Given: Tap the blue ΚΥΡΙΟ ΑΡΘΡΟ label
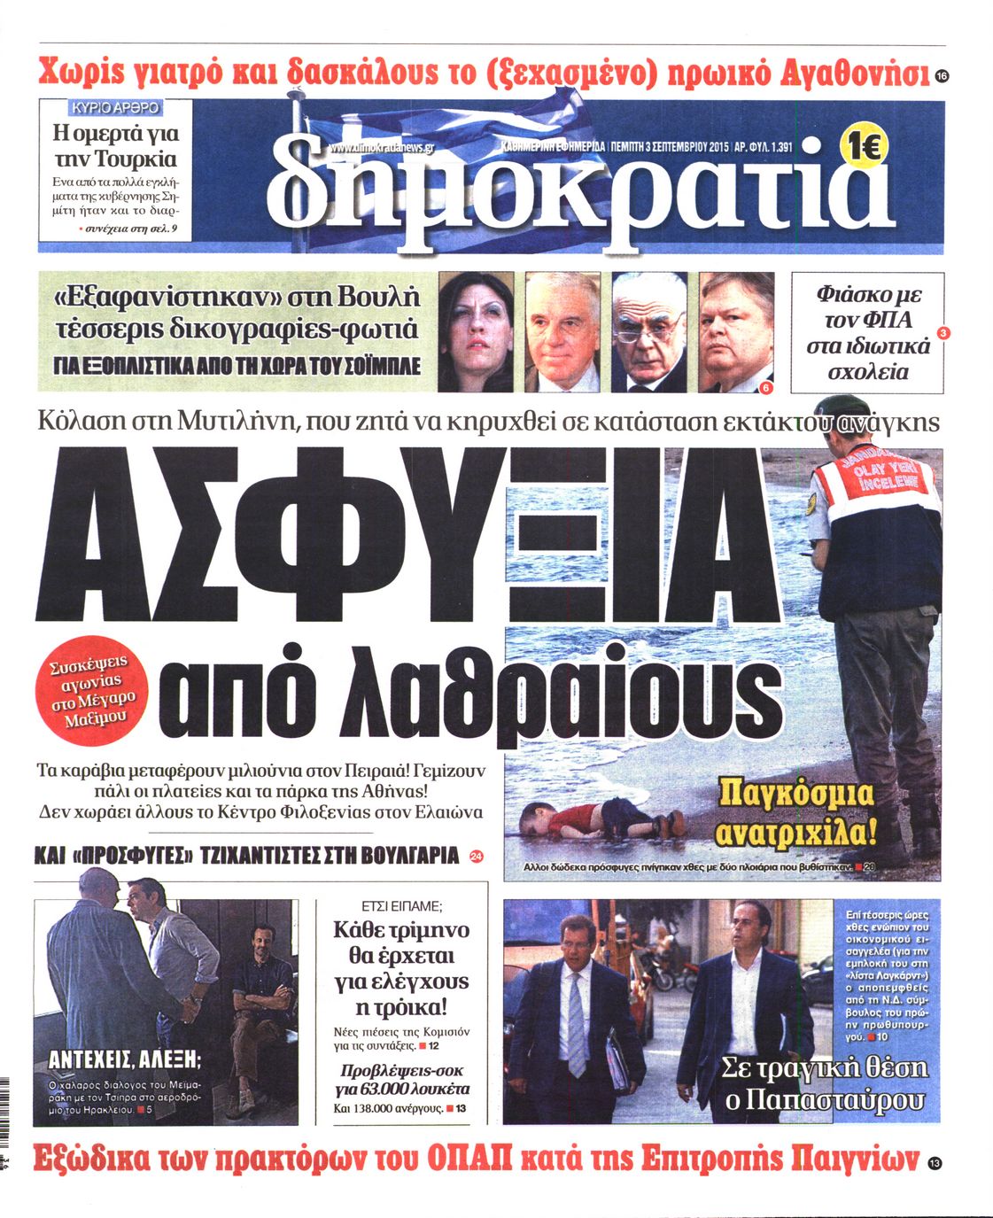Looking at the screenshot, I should pos(116,108).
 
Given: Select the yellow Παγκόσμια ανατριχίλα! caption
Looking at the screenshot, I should pos(795,811).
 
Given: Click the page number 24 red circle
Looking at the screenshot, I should pos(477,857).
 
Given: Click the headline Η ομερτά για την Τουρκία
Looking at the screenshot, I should pos(115,146).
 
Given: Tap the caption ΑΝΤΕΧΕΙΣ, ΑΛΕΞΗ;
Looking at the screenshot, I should pos(124,1059).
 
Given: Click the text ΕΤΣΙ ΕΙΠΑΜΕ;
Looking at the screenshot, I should pos(403,906).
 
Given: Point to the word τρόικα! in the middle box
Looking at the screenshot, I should pos(401,1008).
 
